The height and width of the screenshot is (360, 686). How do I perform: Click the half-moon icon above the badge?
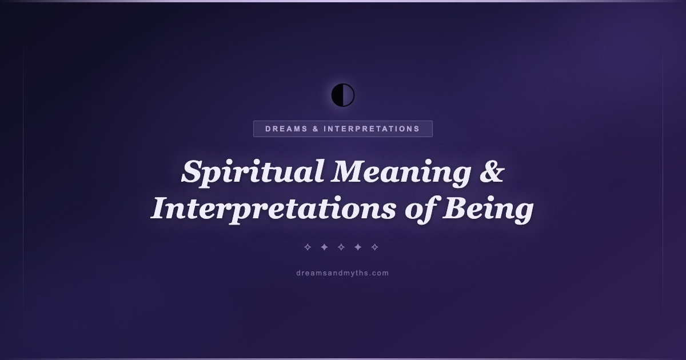pyautogui.click(x=343, y=95)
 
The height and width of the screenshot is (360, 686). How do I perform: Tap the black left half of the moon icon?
pyautogui.click(x=337, y=95)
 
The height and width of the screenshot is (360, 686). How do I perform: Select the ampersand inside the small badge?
pyautogui.click(x=316, y=129)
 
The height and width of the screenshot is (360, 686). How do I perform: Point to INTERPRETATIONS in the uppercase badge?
pyautogui.click(x=372, y=129)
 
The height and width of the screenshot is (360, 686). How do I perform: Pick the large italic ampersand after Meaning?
pyautogui.click(x=492, y=171)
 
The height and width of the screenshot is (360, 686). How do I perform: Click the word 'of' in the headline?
pyautogui.click(x=421, y=208)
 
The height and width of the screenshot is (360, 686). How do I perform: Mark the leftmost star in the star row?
pyautogui.click(x=308, y=247)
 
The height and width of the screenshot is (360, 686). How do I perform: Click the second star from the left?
pyautogui.click(x=324, y=247)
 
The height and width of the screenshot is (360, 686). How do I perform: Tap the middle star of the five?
pyautogui.click(x=341, y=247)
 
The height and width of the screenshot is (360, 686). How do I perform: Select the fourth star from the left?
pyautogui.click(x=358, y=247)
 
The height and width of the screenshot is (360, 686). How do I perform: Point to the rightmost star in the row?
pyautogui.click(x=374, y=247)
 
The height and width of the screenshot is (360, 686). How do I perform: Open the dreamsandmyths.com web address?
pyautogui.click(x=342, y=273)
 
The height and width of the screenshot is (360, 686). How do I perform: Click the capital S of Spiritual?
pyautogui.click(x=194, y=171)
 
